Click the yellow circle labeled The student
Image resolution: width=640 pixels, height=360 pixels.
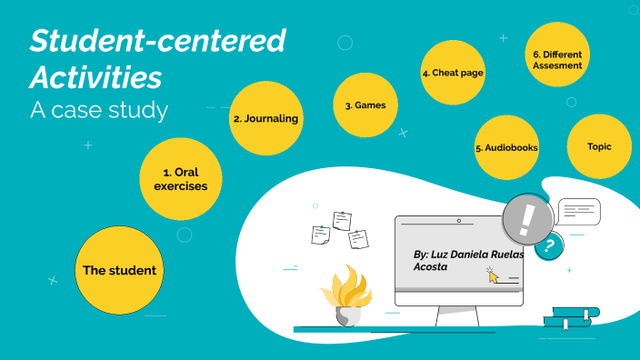tap(119, 270)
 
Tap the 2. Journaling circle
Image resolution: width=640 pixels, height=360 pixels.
tap(265, 118)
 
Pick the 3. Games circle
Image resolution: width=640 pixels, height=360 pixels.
tap(365, 105)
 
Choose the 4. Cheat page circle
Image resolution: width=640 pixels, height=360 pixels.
tap(453, 73)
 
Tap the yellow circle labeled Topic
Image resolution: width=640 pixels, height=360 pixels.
tap(599, 146)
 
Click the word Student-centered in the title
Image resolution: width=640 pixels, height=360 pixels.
tap(157, 41)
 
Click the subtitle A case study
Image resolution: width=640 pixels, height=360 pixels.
tap(99, 110)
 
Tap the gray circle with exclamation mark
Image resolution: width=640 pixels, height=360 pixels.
tap(528, 219)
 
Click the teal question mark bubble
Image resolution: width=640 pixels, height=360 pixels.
tap(547, 245)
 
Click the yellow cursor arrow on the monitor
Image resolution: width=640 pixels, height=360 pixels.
tap(494, 275)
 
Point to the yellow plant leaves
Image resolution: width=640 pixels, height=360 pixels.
tap(346, 288)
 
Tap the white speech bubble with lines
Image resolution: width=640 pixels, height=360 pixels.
tap(579, 212)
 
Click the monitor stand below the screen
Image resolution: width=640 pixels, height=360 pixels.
tap(457, 315)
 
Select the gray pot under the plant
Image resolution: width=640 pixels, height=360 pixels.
tap(348, 315)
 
